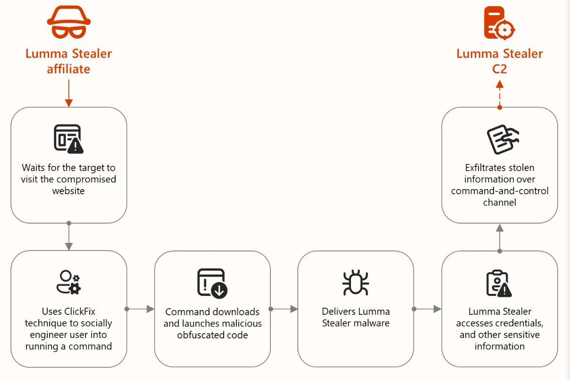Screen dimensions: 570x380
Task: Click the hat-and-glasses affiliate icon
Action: (69, 22)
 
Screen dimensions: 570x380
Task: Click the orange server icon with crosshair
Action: (499, 23)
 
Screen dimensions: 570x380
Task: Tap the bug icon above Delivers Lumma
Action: (355, 282)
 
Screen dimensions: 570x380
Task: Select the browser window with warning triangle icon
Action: (68, 139)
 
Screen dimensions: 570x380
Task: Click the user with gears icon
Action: (68, 282)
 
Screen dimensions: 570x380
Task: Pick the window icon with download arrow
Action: (212, 283)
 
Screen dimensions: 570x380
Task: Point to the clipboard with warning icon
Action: (499, 284)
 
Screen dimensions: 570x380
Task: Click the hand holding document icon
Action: (503, 139)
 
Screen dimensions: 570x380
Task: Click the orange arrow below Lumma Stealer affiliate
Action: (69, 93)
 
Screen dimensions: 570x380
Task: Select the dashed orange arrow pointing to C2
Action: (500, 95)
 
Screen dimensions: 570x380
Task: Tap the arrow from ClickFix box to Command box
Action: (140, 309)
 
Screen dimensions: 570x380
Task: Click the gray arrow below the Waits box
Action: (69, 236)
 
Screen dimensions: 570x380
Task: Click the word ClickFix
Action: (80, 311)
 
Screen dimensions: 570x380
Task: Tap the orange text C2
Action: (499, 69)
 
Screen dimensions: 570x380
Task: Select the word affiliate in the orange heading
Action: (68, 69)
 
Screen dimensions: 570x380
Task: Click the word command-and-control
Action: (500, 191)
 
